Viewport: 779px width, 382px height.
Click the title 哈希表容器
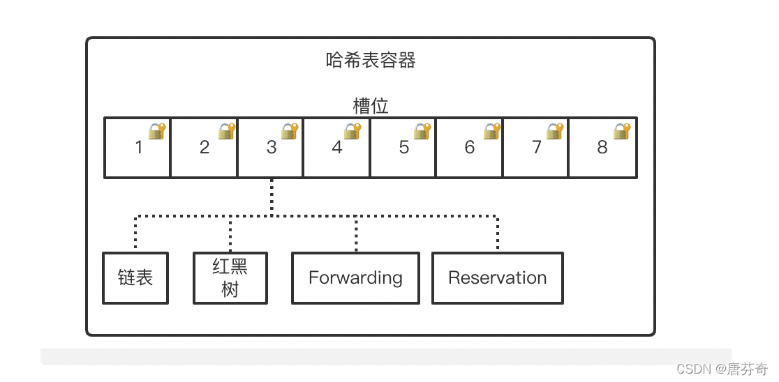[371, 61]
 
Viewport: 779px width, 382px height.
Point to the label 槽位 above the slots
[371, 106]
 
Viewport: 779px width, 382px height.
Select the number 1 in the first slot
[138, 147]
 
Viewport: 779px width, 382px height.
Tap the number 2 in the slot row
[205, 147]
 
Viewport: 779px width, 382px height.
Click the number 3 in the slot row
[272, 147]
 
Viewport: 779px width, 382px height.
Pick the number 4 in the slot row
[337, 147]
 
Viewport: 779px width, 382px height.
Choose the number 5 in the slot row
[403, 147]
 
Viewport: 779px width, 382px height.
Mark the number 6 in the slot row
[469, 147]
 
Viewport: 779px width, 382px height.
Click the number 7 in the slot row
[536, 147]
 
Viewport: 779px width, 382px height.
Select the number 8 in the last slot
[602, 147]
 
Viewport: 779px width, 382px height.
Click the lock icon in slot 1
[157, 131]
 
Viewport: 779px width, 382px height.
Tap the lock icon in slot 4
[353, 131]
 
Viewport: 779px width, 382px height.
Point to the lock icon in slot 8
[621, 131]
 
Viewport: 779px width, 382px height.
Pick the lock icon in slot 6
[492, 131]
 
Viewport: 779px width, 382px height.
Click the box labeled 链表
[135, 277]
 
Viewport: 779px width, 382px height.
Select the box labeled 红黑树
[230, 277]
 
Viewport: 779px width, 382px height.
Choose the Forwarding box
[355, 277]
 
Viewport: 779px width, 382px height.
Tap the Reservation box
[497, 277]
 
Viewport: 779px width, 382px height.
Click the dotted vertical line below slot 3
[272, 197]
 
